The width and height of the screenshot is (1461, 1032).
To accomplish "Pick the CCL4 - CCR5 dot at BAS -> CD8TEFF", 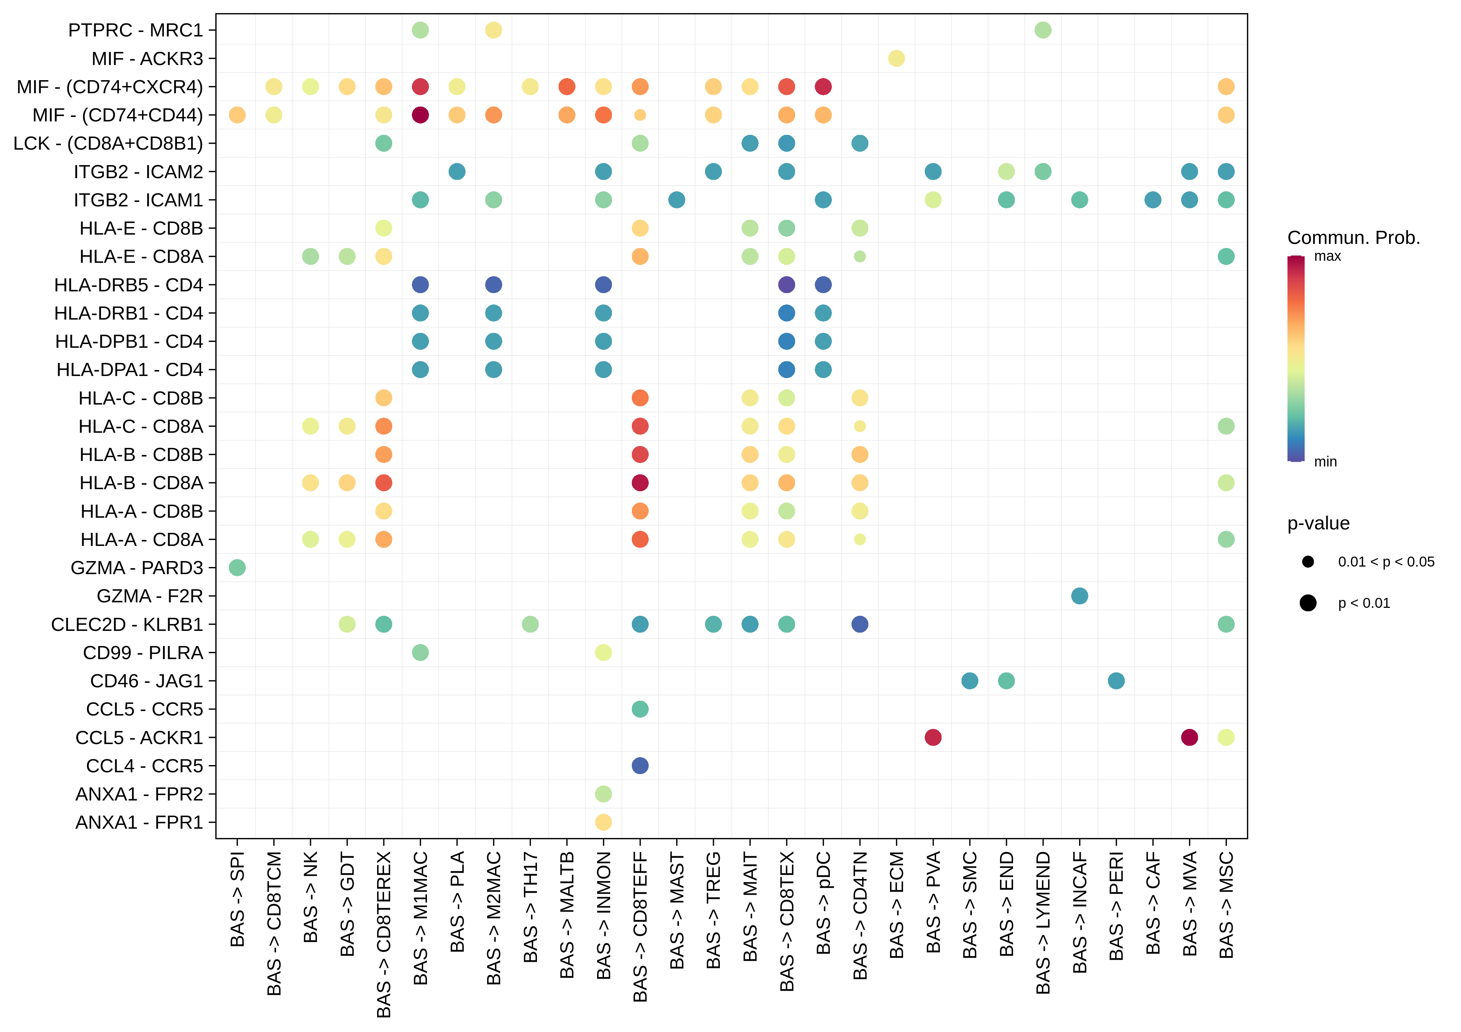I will (x=640, y=765).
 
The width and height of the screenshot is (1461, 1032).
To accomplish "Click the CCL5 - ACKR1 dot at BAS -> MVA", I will (x=1189, y=737).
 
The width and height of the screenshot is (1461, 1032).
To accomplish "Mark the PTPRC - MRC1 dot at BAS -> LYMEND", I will (x=1043, y=30).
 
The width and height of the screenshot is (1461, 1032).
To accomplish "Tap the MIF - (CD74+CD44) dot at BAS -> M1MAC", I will (x=420, y=115).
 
